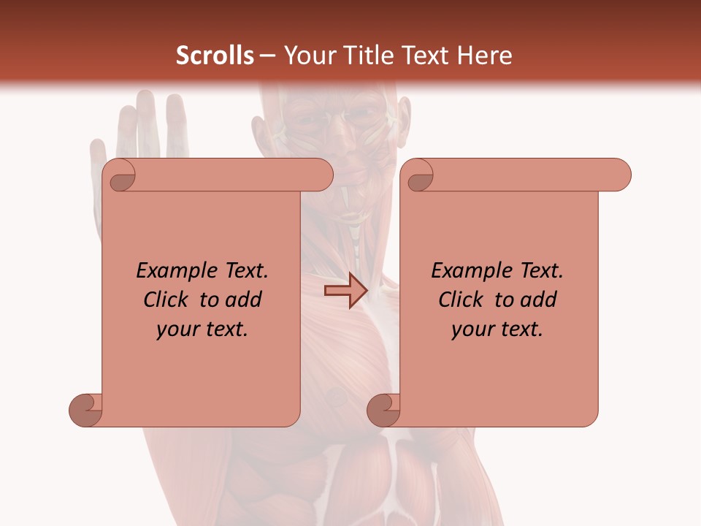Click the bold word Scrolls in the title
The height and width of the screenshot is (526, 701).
pyautogui.click(x=215, y=56)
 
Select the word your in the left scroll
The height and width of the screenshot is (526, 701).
pyautogui.click(x=177, y=329)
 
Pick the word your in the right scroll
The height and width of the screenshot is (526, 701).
pyautogui.click(x=472, y=329)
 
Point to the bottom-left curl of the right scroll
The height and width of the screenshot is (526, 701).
pyautogui.click(x=383, y=409)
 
